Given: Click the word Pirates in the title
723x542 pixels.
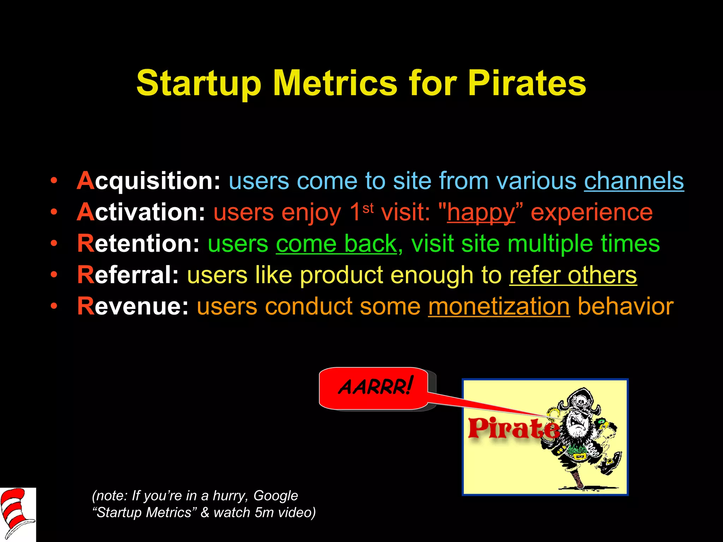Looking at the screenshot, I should [526, 83].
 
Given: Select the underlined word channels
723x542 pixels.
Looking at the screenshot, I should [634, 181].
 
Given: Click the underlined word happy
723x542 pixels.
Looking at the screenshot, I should [481, 212].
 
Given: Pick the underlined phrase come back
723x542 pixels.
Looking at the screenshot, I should [336, 243].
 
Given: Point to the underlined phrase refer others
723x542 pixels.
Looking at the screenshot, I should [573, 275].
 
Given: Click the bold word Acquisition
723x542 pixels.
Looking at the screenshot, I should [149, 181].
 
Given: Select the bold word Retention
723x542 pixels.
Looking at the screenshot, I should [138, 243].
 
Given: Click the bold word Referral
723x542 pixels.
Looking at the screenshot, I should [128, 275].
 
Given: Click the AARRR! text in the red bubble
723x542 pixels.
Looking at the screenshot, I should [375, 387].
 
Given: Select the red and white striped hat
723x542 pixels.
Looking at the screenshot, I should [16, 512].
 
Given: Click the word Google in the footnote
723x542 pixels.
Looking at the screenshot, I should [275, 496].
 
